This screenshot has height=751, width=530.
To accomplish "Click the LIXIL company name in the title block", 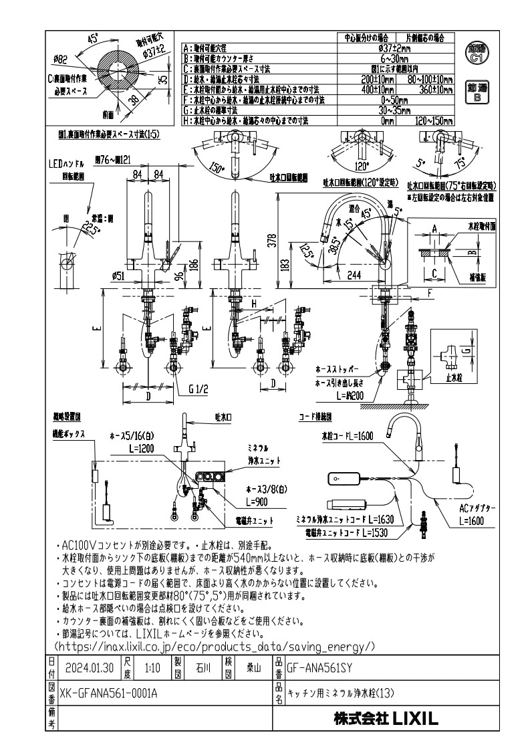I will [x=386, y=720].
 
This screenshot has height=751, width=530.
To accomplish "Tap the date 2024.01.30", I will [x=90, y=667].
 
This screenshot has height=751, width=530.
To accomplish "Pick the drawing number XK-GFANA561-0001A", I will [x=108, y=693].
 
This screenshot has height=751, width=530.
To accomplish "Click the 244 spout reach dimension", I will [x=354, y=275].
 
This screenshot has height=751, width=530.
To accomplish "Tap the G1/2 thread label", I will [x=199, y=389].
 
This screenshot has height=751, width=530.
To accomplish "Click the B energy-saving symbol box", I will [x=477, y=92].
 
